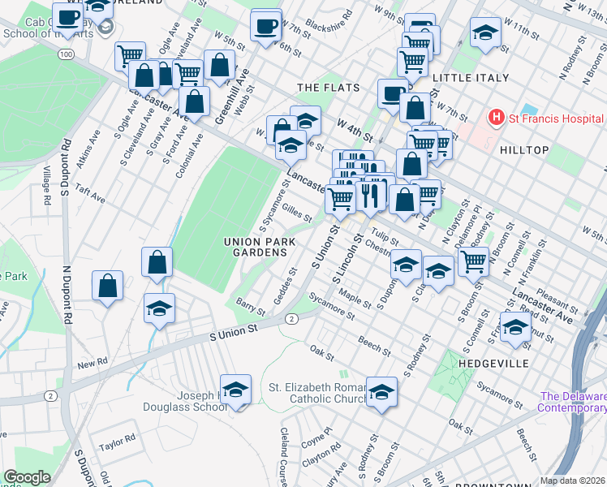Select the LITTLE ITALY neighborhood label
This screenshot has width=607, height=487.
point(471,78)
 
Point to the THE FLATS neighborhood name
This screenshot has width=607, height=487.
point(323,87)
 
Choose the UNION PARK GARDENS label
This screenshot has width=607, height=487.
point(256,247)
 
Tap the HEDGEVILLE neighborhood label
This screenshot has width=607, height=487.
point(493,363)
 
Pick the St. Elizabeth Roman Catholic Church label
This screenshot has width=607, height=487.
point(316,394)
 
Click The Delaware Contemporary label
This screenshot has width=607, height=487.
point(573,402)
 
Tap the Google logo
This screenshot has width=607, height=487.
point(27,477)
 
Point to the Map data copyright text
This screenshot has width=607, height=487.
point(573,481)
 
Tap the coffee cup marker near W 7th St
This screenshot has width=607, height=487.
point(265,26)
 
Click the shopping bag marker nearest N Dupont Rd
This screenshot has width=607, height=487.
point(107,286)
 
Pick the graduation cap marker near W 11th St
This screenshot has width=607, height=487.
point(485,33)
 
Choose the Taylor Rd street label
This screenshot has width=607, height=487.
point(117,443)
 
